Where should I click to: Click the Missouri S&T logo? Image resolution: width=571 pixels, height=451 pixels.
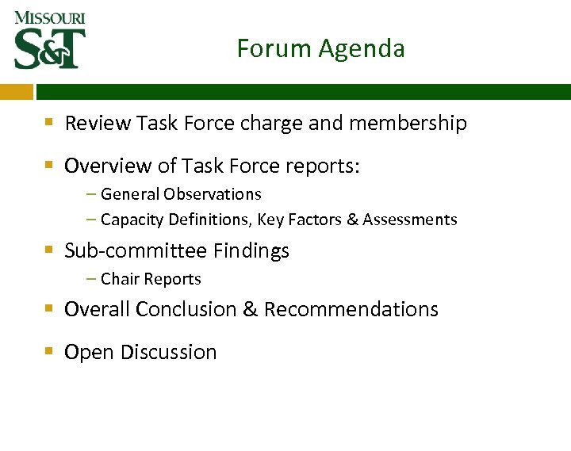click(x=49, y=40)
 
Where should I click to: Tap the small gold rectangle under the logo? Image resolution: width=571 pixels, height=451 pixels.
click(x=17, y=92)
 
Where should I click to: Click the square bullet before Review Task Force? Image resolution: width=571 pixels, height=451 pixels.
click(x=49, y=123)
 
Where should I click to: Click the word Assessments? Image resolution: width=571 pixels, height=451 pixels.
click(x=410, y=220)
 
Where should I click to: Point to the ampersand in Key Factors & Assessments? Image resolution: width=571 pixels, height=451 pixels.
click(x=352, y=220)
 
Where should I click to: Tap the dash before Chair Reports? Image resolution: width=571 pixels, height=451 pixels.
click(x=92, y=279)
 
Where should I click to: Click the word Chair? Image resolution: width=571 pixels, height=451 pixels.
click(x=118, y=279)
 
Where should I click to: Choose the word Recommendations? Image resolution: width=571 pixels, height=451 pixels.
click(x=351, y=309)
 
